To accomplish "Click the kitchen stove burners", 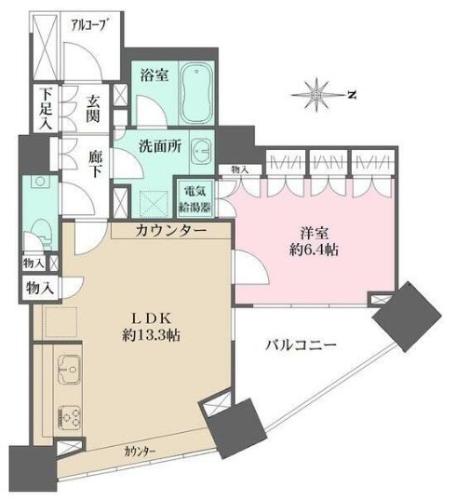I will pos(70,416).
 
